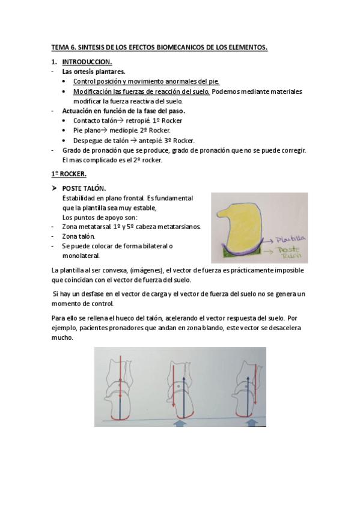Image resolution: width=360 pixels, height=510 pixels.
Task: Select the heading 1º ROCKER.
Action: tap(69, 174)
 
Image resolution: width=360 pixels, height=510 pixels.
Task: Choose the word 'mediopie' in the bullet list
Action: tap(126, 130)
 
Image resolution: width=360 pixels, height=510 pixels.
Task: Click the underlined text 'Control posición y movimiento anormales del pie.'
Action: tap(146, 82)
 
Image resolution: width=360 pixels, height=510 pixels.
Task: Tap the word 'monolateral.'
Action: tap(81, 255)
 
